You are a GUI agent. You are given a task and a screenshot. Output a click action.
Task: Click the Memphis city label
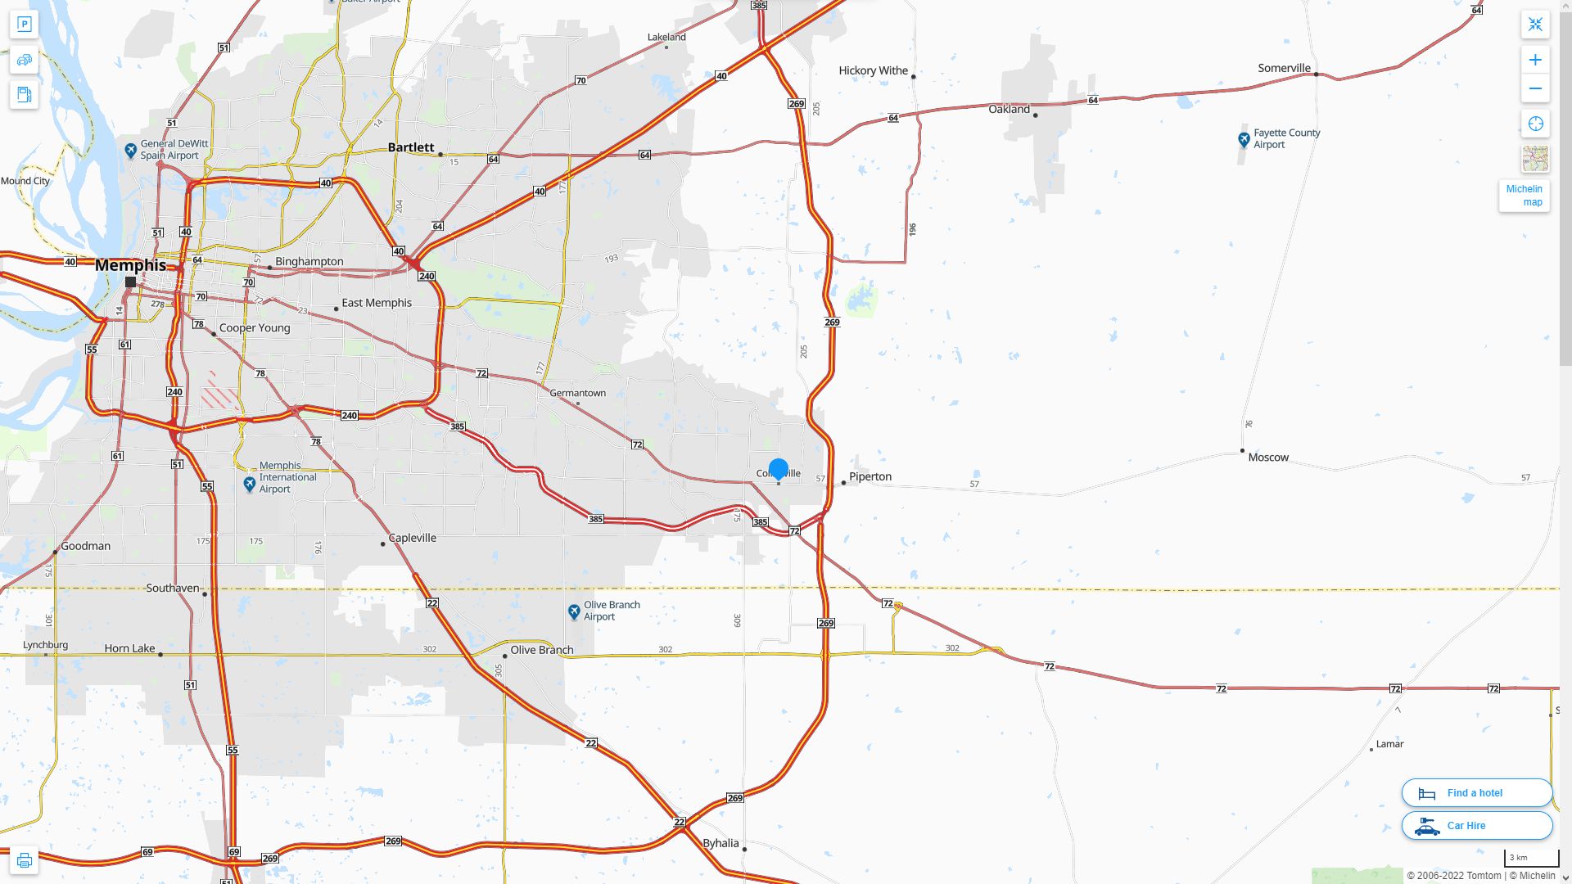[130, 265]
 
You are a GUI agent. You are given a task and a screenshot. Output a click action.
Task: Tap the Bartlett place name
[410, 147]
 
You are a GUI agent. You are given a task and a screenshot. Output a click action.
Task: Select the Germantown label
[577, 393]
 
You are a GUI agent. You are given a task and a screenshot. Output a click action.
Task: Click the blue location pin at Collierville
[778, 469]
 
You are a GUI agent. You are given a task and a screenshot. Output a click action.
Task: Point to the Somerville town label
[1284, 68]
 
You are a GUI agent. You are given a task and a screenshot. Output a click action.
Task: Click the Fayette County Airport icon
[1244, 139]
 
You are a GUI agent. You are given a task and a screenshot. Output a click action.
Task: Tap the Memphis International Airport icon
[250, 485]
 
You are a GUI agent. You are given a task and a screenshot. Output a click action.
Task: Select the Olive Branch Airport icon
[574, 611]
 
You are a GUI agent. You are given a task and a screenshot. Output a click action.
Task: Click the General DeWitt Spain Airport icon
[130, 151]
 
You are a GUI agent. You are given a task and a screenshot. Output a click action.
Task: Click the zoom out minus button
[1535, 88]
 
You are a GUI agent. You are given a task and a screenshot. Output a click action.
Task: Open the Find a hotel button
[1476, 792]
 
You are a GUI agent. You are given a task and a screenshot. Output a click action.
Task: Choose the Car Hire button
[1476, 825]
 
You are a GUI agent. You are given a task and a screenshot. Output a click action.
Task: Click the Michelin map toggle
[1524, 196]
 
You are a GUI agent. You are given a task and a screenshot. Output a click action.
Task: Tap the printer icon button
[24, 860]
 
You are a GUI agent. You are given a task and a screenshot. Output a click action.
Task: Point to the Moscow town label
[1267, 458]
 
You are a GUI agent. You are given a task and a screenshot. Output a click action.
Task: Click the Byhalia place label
[720, 843]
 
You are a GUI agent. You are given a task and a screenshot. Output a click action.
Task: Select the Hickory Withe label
[873, 70]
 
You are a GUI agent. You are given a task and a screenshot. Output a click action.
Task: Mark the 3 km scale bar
[1530, 858]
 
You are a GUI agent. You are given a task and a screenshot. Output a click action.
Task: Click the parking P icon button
[24, 25]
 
